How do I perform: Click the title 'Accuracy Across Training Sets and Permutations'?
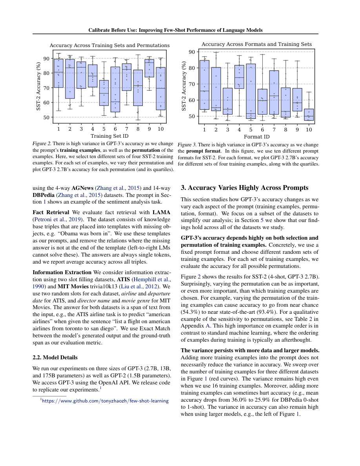[x=109, y=46]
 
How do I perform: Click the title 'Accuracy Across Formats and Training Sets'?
[x=256, y=44]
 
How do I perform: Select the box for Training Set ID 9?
[x=149, y=68]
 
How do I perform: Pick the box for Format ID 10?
[x=309, y=115]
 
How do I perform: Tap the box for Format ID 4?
[x=239, y=77]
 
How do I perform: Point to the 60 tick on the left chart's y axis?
[x=46, y=102]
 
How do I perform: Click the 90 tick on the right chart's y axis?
[x=191, y=52]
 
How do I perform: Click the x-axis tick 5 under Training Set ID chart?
[x=104, y=129]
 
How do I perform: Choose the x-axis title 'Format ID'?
[x=256, y=137]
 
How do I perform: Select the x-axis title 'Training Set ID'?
[x=110, y=136]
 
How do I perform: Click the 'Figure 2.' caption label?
[x=42, y=144]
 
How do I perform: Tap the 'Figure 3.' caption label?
[x=187, y=145]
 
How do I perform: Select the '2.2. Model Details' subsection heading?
[x=55, y=357]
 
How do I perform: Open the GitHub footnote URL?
[x=105, y=401]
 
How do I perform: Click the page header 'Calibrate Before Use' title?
[x=175, y=30]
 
